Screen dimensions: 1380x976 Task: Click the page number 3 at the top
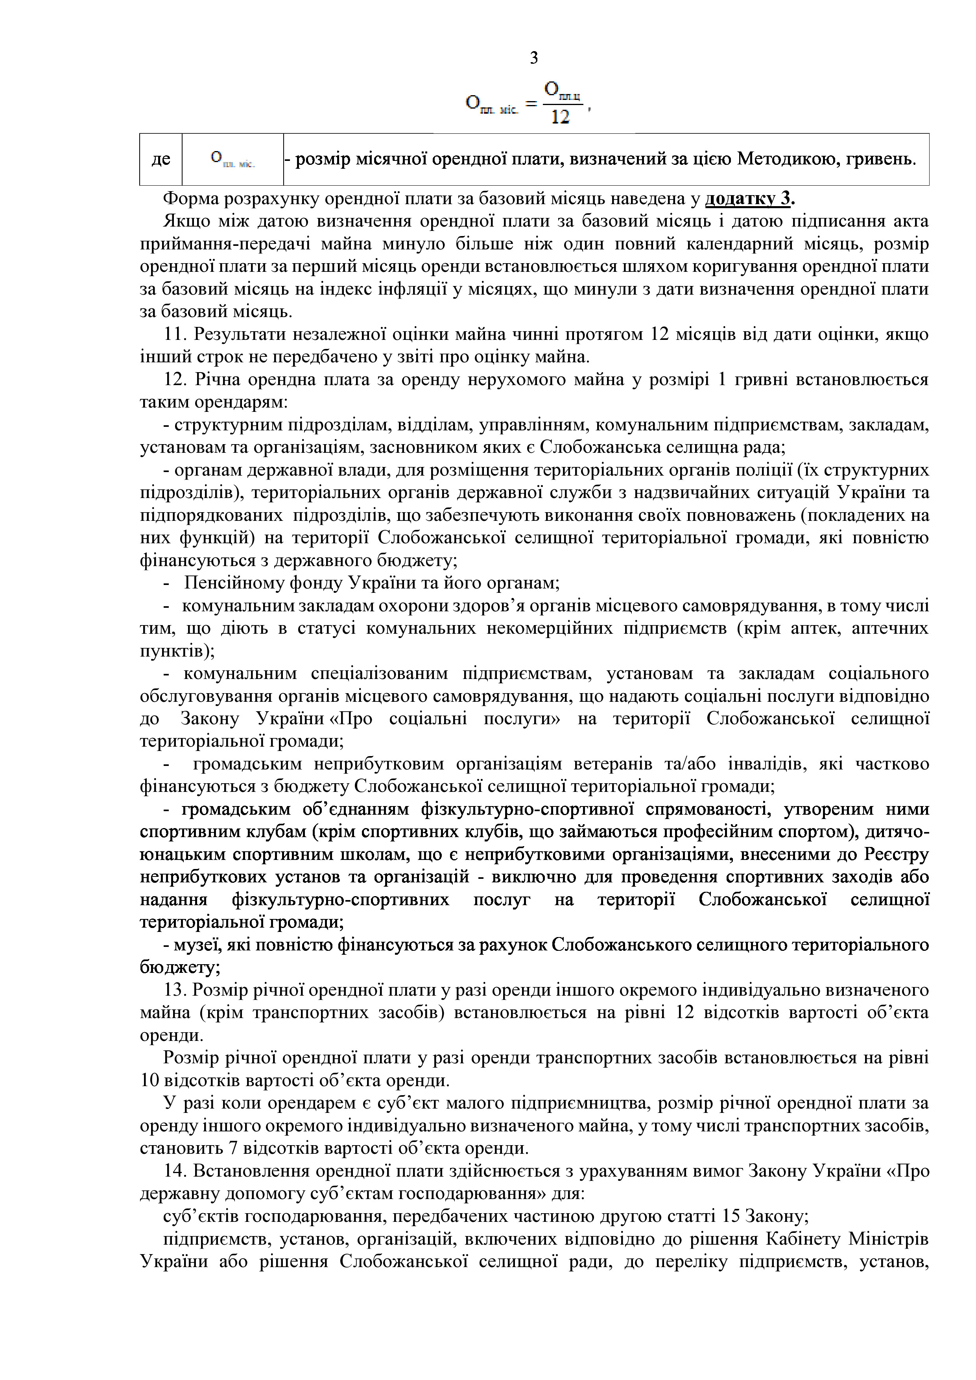(x=534, y=58)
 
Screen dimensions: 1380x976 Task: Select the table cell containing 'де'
(x=161, y=159)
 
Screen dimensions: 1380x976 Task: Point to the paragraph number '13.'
(x=175, y=990)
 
